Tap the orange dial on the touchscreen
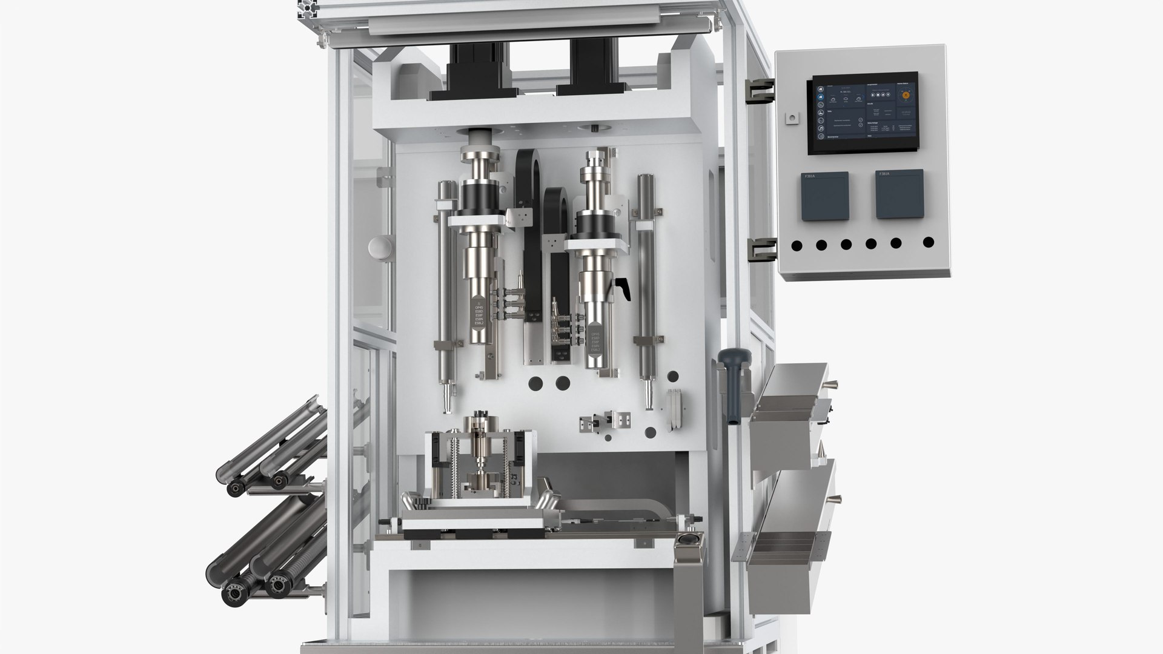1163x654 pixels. click(906, 94)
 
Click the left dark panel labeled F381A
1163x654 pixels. click(824, 196)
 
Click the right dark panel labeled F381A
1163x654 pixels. click(899, 194)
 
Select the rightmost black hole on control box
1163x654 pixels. click(928, 243)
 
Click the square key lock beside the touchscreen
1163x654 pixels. click(790, 117)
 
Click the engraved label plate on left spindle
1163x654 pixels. click(479, 318)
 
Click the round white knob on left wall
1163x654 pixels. click(380, 248)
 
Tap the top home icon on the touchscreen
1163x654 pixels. click(820, 88)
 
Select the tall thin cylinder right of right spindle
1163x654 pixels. click(646, 285)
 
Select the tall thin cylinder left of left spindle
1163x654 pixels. click(446, 291)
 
